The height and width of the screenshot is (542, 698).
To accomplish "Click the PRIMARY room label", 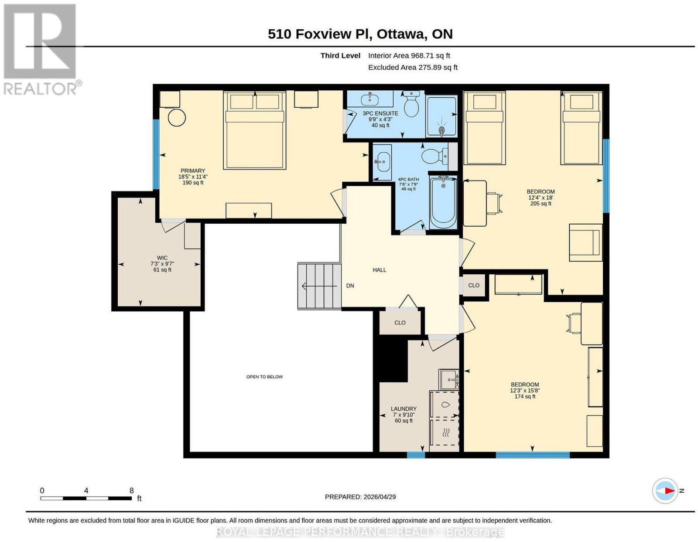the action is tap(192, 170).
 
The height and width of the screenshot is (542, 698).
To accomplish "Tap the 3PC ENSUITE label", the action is tap(380, 113).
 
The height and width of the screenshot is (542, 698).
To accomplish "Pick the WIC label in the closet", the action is tap(162, 258).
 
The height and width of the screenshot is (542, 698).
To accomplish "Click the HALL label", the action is tap(380, 270).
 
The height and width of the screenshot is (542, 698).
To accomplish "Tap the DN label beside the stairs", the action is tap(350, 285).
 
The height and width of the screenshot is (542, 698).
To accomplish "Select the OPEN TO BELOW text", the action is tap(264, 376).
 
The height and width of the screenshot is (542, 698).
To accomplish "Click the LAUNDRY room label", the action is tap(404, 409).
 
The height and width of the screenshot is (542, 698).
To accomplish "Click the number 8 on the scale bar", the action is tap(131, 491).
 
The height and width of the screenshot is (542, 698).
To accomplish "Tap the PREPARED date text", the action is tap(360, 497).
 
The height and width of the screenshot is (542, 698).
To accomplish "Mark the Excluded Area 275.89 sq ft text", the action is tap(413, 68).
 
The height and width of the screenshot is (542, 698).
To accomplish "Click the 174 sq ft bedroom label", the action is tap(524, 396).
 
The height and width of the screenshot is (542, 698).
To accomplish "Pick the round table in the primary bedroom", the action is tap(177, 117).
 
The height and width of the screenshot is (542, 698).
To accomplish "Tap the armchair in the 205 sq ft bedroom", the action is tap(585, 242).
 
